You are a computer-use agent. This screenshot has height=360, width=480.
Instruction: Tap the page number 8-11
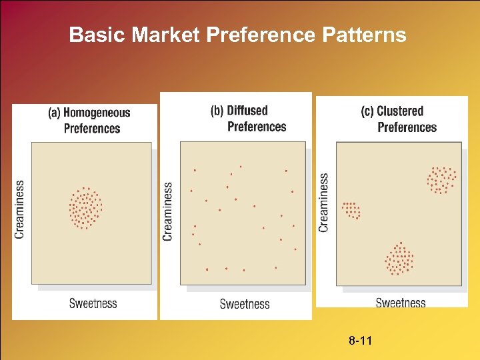click(361, 341)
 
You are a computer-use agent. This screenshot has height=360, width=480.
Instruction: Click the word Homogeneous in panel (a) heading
click(97, 113)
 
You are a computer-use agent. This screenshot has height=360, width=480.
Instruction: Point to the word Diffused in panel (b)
click(247, 111)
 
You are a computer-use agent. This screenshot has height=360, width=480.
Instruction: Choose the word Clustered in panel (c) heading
click(400, 111)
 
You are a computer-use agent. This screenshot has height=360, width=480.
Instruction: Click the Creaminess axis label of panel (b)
click(168, 211)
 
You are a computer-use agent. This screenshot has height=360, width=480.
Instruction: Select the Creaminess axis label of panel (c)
click(324, 203)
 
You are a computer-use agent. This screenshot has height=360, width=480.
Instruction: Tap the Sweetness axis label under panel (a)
click(93, 303)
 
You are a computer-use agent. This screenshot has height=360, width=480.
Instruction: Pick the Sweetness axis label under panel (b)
click(245, 304)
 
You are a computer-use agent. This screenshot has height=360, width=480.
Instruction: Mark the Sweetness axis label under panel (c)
click(400, 303)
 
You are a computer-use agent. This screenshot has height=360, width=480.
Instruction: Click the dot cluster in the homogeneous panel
click(85, 208)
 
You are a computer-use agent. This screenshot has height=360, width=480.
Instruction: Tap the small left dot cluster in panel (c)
click(351, 211)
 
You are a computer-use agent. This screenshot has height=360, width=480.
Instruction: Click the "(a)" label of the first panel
click(54, 113)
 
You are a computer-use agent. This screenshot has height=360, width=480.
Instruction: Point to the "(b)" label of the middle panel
click(217, 111)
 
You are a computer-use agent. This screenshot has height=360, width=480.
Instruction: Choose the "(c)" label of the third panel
click(367, 111)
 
